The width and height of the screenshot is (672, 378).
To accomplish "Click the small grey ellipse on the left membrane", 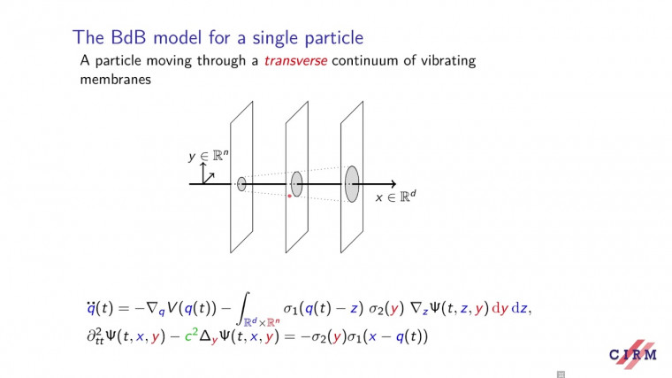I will click(x=241, y=184).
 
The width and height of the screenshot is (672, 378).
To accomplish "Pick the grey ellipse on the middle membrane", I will click(x=297, y=183).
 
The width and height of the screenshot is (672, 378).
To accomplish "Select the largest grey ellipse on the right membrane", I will click(x=352, y=182).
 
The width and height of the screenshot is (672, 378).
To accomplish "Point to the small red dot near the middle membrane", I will click(x=289, y=196).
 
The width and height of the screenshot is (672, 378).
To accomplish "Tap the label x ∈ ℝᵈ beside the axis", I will click(x=395, y=197).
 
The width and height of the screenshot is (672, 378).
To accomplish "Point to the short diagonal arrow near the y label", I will click(x=210, y=174).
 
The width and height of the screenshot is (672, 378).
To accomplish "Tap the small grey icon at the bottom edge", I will click(x=560, y=374).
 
